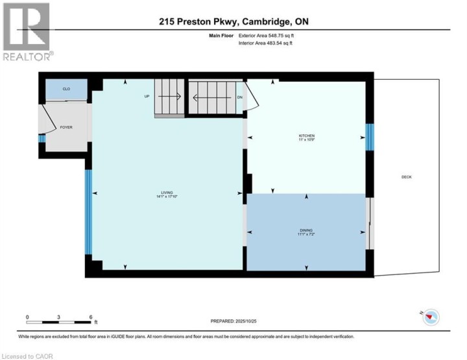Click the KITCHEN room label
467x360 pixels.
pyautogui.click(x=306, y=135)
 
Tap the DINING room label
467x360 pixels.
pyautogui.click(x=306, y=230)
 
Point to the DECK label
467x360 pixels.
pyautogui.click(x=406, y=177)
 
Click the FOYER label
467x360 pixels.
pyautogui.click(x=66, y=127)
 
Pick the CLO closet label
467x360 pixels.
pyautogui.click(x=66, y=89)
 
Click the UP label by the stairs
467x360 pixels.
pyautogui.click(x=147, y=97)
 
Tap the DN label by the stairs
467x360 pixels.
pyautogui.click(x=239, y=97)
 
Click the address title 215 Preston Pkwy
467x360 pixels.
pyautogui.click(x=233, y=21)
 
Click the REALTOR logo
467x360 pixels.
pyautogui.click(x=27, y=32)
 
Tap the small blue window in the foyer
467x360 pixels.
pyautogui.click(x=42, y=138)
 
